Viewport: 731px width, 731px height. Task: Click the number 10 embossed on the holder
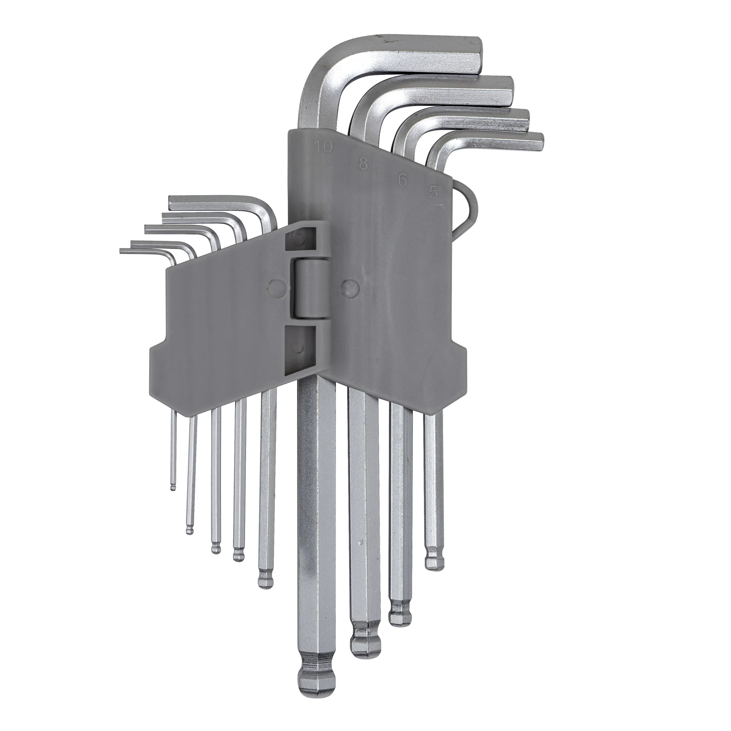[323, 147]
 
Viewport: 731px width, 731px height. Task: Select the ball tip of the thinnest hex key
[173, 486]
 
